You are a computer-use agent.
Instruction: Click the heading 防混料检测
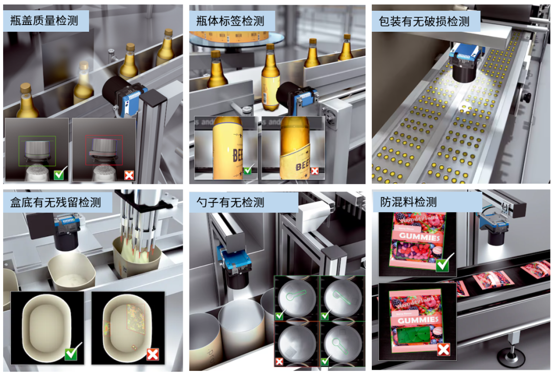tap(409, 203)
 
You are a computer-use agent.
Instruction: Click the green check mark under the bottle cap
tap(60, 174)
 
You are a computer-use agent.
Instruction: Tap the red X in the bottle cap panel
tap(129, 175)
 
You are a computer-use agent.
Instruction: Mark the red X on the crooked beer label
tap(315, 171)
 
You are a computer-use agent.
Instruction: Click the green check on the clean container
tap(73, 353)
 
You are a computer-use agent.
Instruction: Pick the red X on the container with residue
tap(153, 354)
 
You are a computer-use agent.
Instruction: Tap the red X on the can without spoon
tap(280, 362)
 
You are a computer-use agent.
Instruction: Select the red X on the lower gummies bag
tap(443, 349)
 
